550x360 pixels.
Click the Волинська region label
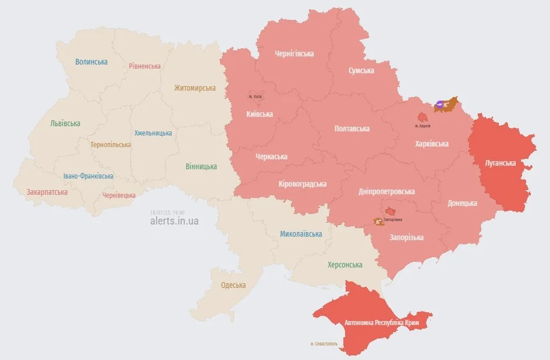click(91, 62)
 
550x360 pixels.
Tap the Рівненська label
click(145, 66)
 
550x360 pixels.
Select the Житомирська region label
click(194, 88)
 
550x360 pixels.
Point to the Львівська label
click(65, 123)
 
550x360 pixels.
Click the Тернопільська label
click(111, 145)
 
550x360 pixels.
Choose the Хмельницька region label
click(153, 133)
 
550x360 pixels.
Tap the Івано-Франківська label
click(88, 176)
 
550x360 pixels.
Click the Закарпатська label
click(47, 192)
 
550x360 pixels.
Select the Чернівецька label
click(119, 195)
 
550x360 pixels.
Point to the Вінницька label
click(201, 166)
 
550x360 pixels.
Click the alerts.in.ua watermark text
click(174, 222)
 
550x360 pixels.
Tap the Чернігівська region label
click(294, 54)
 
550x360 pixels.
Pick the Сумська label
click(361, 70)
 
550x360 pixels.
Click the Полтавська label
click(352, 129)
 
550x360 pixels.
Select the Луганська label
click(500, 163)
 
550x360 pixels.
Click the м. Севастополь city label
click(327, 344)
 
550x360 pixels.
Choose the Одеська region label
click(233, 286)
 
